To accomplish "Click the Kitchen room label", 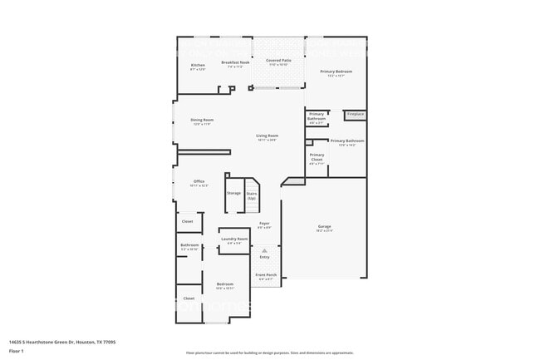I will (x=198, y=66).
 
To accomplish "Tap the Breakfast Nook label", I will (x=235, y=63).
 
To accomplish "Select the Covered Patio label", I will (x=278, y=62).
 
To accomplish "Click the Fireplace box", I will (x=356, y=114).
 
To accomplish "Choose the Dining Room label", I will (x=203, y=121).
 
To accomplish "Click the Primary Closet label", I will (x=317, y=156).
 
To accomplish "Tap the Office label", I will (x=199, y=182).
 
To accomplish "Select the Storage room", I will (x=233, y=193).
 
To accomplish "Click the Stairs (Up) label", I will (x=251, y=195).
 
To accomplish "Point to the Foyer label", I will (x=264, y=224).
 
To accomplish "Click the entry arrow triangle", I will (x=265, y=249).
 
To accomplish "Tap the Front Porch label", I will (x=266, y=275).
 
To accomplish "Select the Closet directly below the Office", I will (x=188, y=221).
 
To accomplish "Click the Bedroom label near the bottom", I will (x=224, y=285).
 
